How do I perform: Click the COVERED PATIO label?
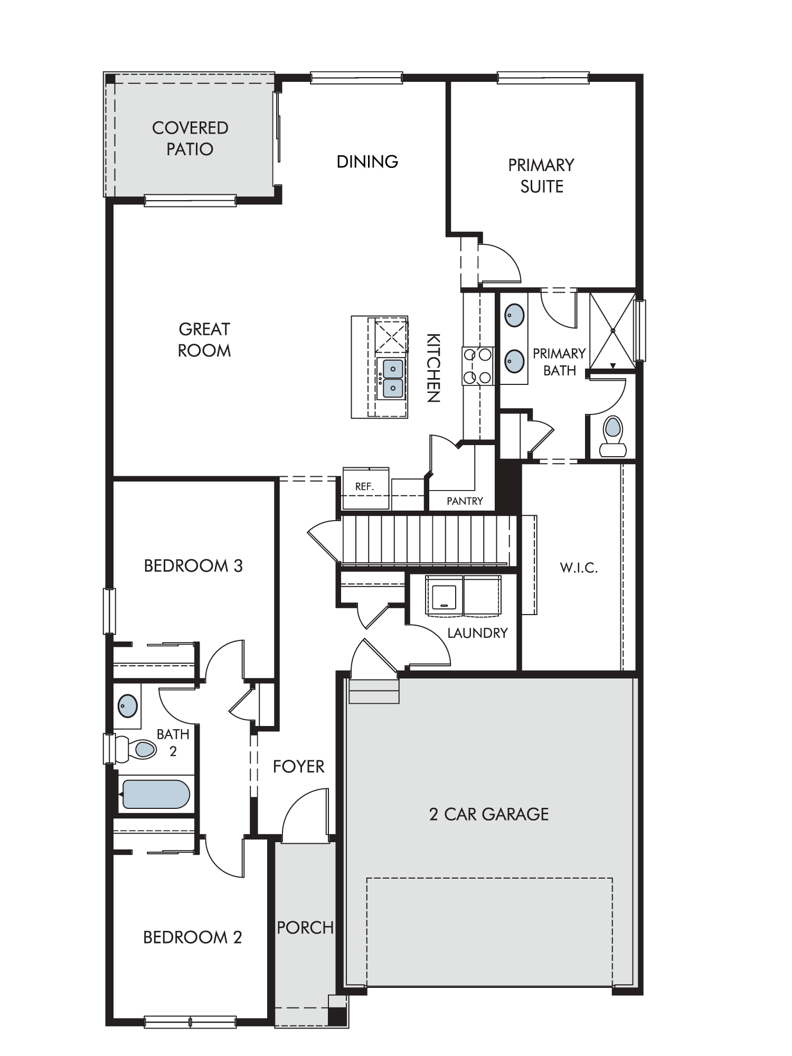[190, 138]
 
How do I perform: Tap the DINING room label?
[367, 162]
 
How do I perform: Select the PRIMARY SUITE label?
[541, 176]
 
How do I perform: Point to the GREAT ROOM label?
[204, 340]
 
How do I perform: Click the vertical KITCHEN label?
[433, 368]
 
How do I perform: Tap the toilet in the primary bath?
[612, 436]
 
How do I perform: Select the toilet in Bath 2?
[136, 749]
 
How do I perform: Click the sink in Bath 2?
[127, 706]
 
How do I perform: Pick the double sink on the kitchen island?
[392, 378]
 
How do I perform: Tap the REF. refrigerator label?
[364, 487]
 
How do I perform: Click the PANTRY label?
[465, 501]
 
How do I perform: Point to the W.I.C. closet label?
[579, 568]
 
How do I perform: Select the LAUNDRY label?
[477, 633]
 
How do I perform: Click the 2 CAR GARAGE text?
[489, 814]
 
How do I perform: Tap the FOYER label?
[298, 767]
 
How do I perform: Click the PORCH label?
[305, 928]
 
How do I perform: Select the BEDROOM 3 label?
[193, 566]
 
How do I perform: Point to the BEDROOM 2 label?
[193, 937]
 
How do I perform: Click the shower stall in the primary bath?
[612, 331]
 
